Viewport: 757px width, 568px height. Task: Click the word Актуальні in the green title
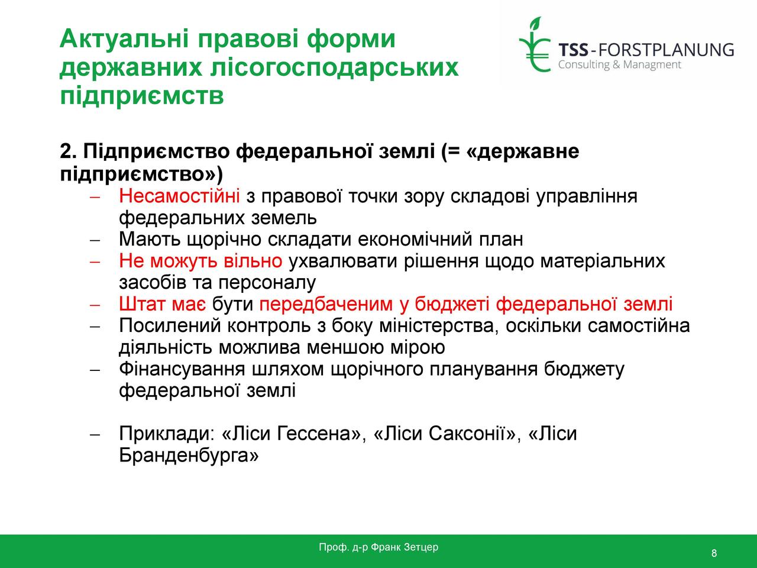tap(125, 38)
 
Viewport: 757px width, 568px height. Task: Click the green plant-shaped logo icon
tap(535, 44)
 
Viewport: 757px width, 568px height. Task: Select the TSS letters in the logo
tap(573, 50)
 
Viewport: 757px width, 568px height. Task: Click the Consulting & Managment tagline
tap(620, 64)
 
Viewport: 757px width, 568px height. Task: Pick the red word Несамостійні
tap(179, 196)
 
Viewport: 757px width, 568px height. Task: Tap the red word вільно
tap(253, 260)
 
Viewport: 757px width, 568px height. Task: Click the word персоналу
tap(267, 283)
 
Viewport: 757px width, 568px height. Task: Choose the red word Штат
tap(142, 304)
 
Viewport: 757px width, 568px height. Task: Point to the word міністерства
tap(436, 325)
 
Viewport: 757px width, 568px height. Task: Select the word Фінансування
tap(182, 369)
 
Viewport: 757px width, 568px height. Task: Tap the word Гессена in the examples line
tap(319, 434)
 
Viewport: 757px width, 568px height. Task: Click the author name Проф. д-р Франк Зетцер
tap(378, 547)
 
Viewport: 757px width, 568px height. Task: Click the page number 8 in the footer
tap(714, 553)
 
